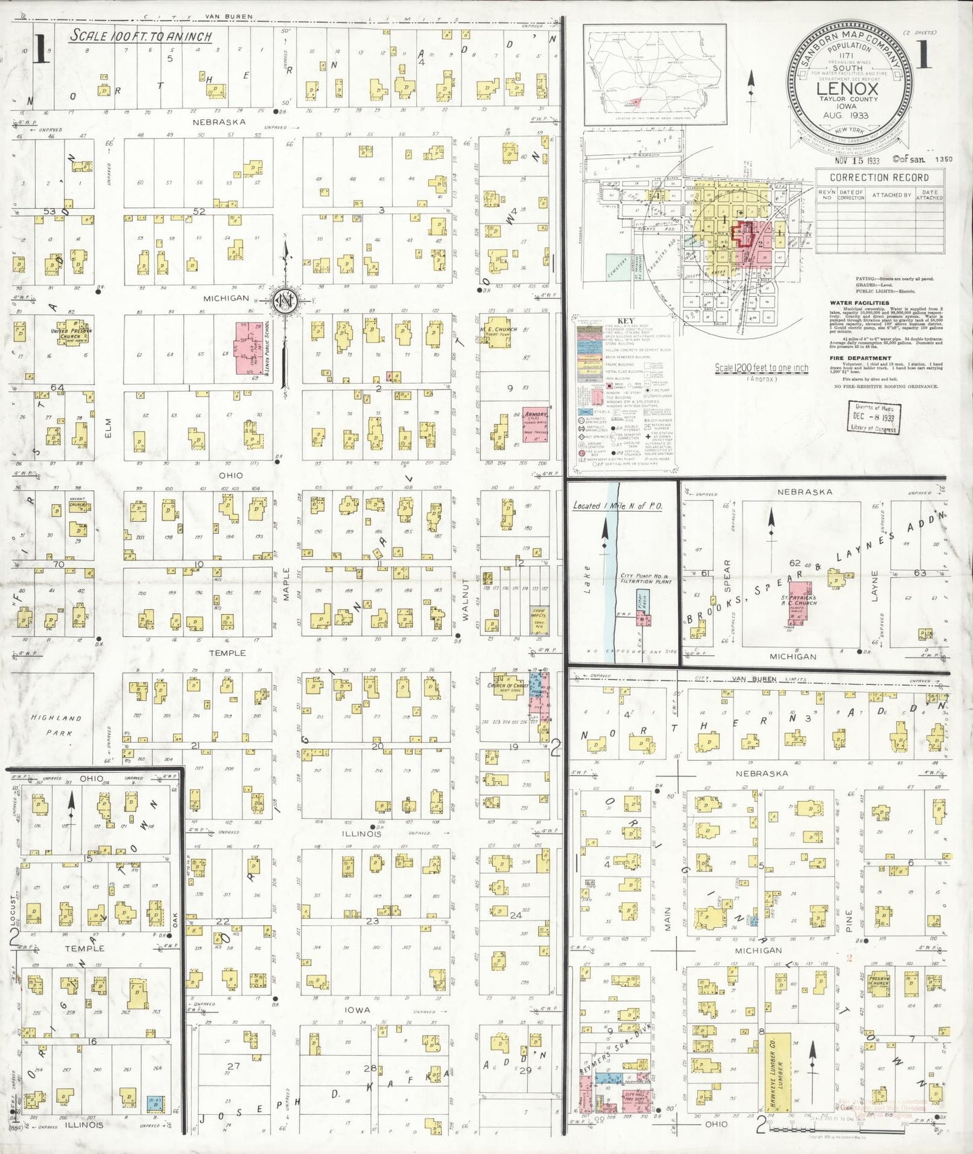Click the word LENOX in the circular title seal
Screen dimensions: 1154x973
click(x=847, y=88)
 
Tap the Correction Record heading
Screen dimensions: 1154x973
click(x=879, y=178)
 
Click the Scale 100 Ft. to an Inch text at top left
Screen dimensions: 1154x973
click(x=141, y=36)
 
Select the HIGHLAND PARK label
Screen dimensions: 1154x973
click(x=56, y=724)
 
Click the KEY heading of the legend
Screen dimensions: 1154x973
click(x=626, y=321)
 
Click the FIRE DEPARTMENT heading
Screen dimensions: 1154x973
click(x=861, y=358)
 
